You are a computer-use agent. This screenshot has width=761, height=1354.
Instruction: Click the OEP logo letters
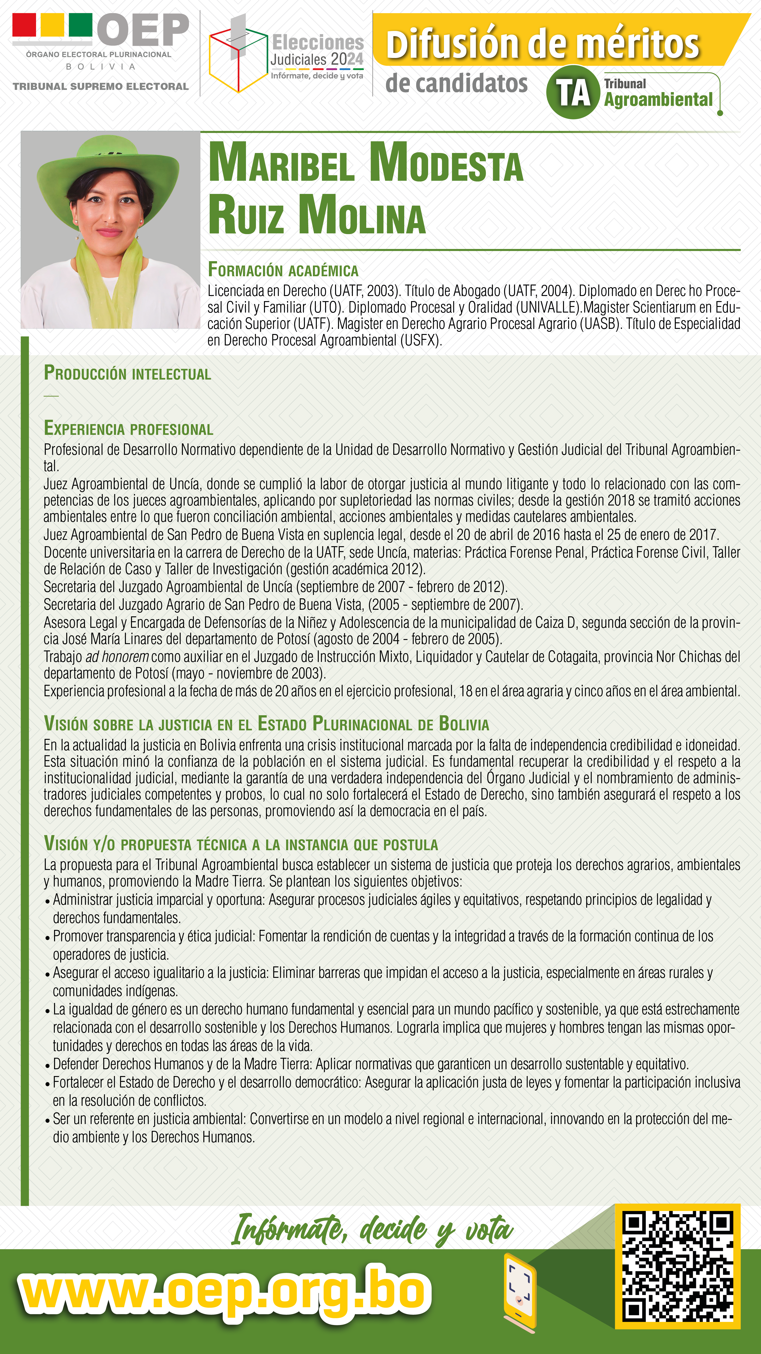(143, 30)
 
